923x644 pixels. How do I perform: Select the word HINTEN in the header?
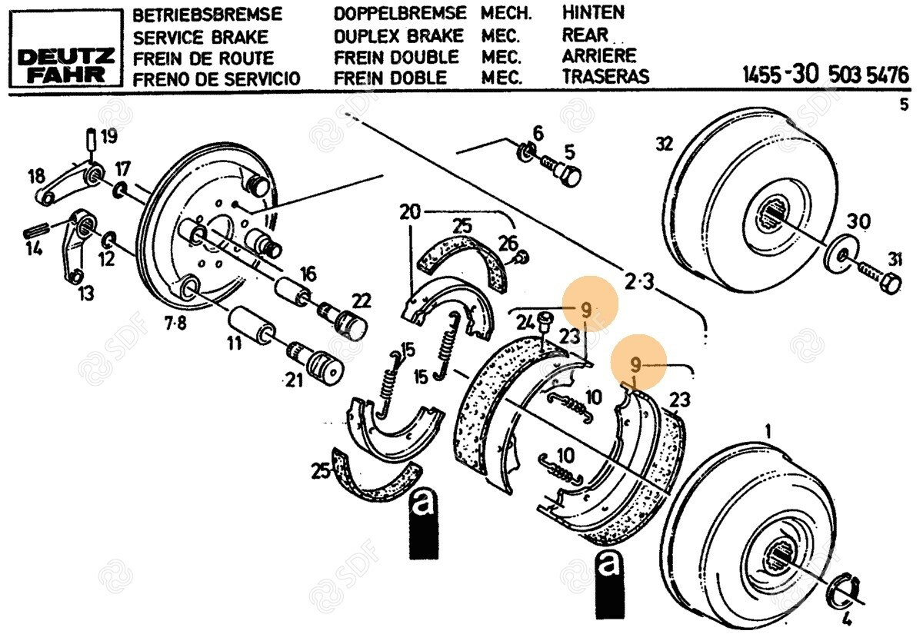[x=593, y=12]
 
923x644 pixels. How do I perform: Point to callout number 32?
[x=664, y=143]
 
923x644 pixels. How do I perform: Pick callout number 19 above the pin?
[x=109, y=138]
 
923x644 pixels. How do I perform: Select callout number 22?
[x=362, y=300]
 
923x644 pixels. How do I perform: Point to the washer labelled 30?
[x=838, y=253]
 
